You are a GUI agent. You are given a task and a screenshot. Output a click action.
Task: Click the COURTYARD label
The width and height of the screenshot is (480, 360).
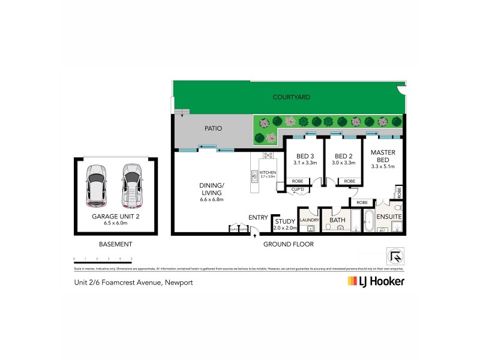291,97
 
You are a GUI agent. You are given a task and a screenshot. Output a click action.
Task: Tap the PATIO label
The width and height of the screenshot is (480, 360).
213,128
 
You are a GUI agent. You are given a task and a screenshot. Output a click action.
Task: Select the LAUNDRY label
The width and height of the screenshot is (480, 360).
308,220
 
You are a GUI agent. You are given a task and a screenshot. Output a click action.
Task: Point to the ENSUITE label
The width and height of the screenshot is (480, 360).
389,216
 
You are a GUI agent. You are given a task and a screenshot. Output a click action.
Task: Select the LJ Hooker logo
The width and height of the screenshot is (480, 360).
376,281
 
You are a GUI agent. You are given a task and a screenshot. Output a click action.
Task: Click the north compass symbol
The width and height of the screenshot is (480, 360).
396,256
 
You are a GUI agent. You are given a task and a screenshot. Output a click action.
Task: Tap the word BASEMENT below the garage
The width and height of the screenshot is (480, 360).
115,244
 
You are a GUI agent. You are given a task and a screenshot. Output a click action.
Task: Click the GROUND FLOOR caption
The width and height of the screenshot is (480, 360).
288,244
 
